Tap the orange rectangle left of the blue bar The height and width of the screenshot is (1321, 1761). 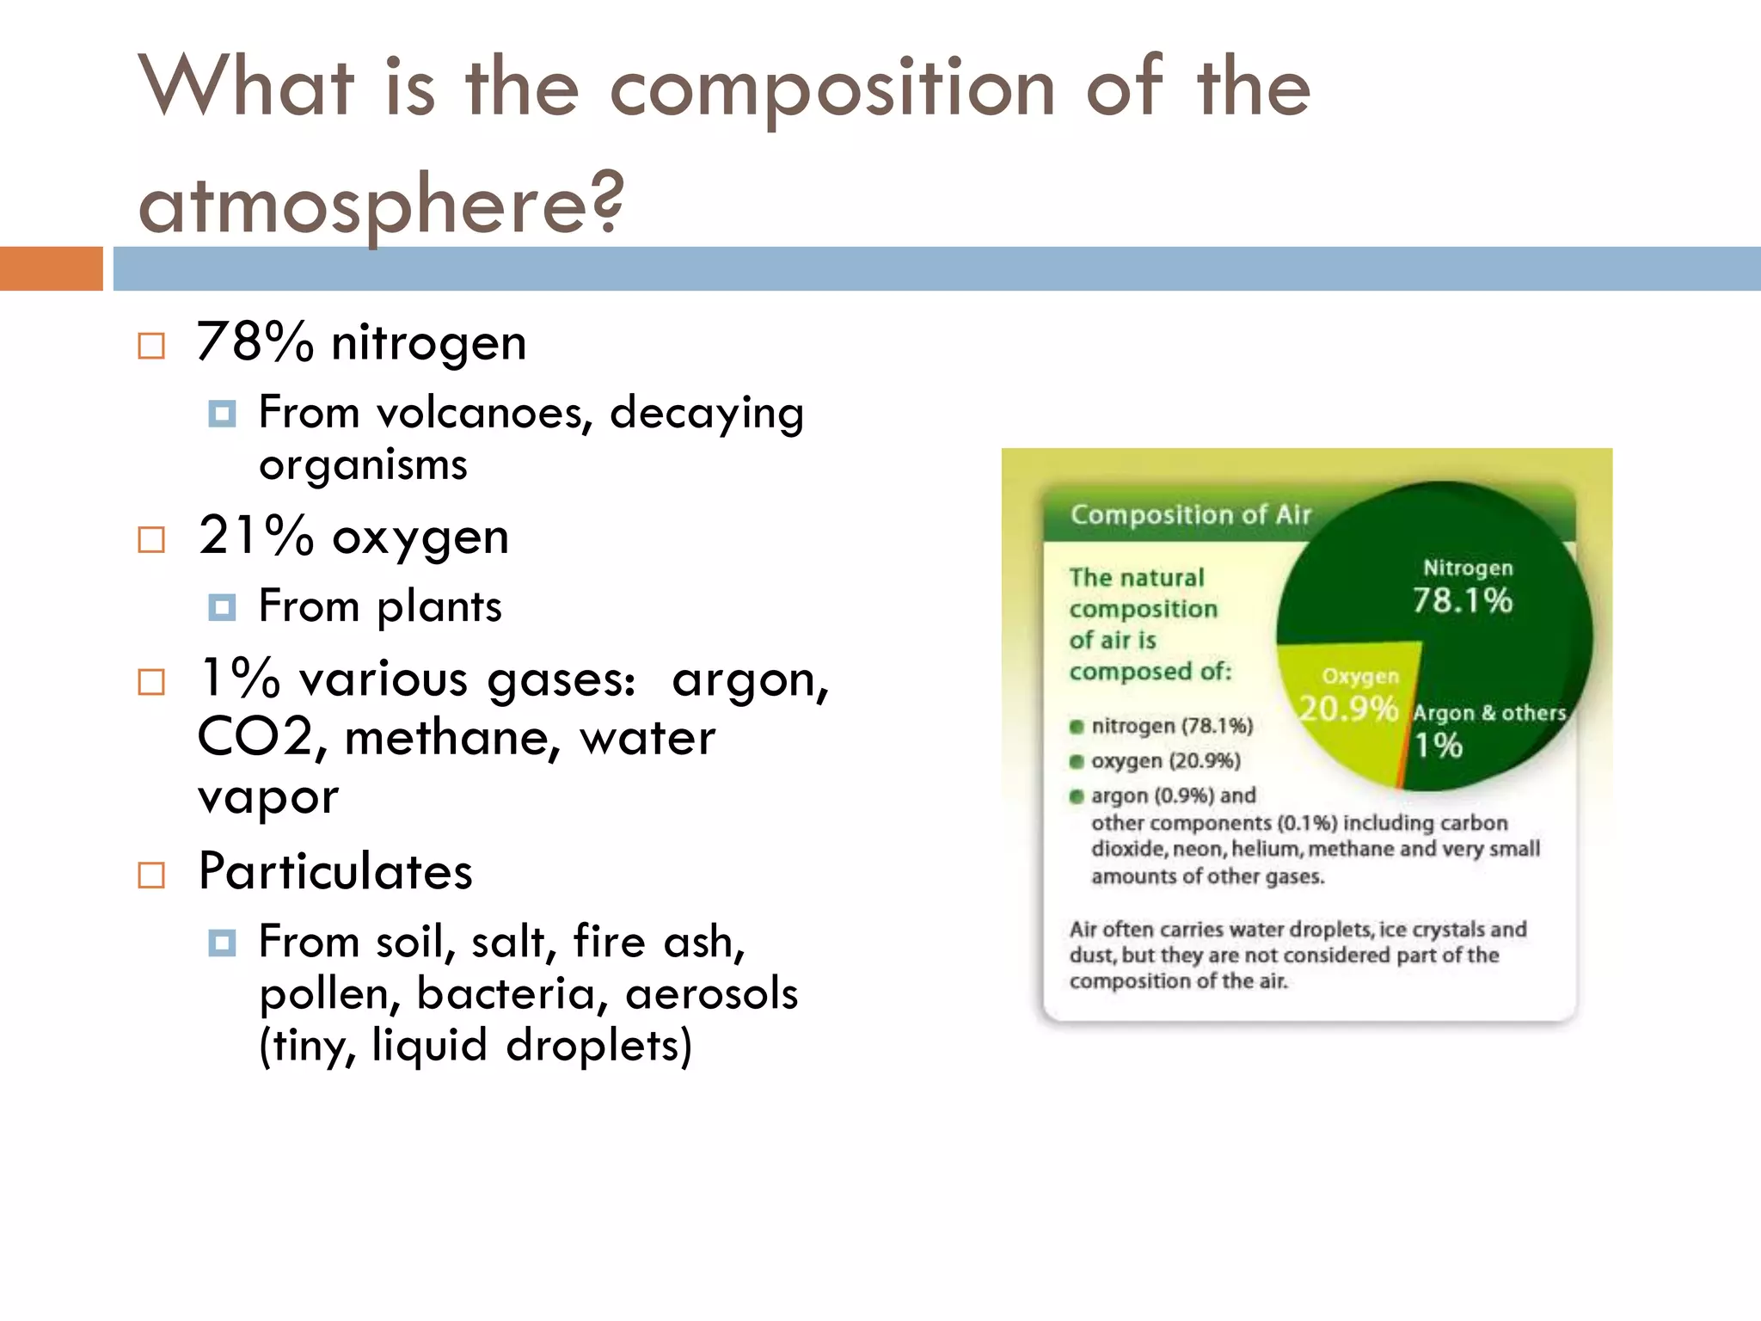pos(51,268)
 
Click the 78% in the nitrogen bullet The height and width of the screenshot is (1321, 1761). pos(255,341)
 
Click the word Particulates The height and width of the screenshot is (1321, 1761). pos(335,870)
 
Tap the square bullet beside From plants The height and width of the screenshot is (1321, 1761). pos(222,607)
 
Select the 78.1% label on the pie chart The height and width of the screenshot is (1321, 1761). pos(1462,600)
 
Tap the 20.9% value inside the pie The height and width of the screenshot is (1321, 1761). pos(1347,709)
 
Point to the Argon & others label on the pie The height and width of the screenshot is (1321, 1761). pos(1489,713)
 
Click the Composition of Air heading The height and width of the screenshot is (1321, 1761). pos(1190,514)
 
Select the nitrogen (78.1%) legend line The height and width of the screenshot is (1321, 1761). pos(1171,726)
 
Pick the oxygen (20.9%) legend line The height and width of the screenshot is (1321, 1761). pos(1165,761)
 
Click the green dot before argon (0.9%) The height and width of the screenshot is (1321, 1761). pos(1076,796)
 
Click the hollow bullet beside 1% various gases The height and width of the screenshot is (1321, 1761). pos(151,682)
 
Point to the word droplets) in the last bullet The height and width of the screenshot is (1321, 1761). pos(598,1045)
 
